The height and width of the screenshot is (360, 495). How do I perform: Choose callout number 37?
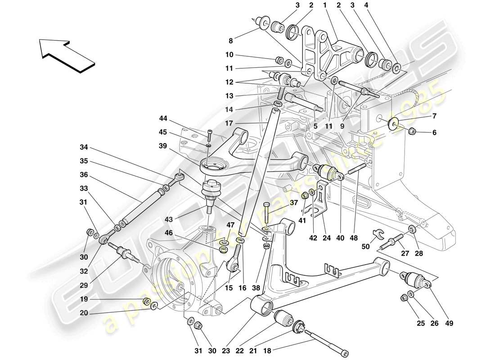tap(294, 202)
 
